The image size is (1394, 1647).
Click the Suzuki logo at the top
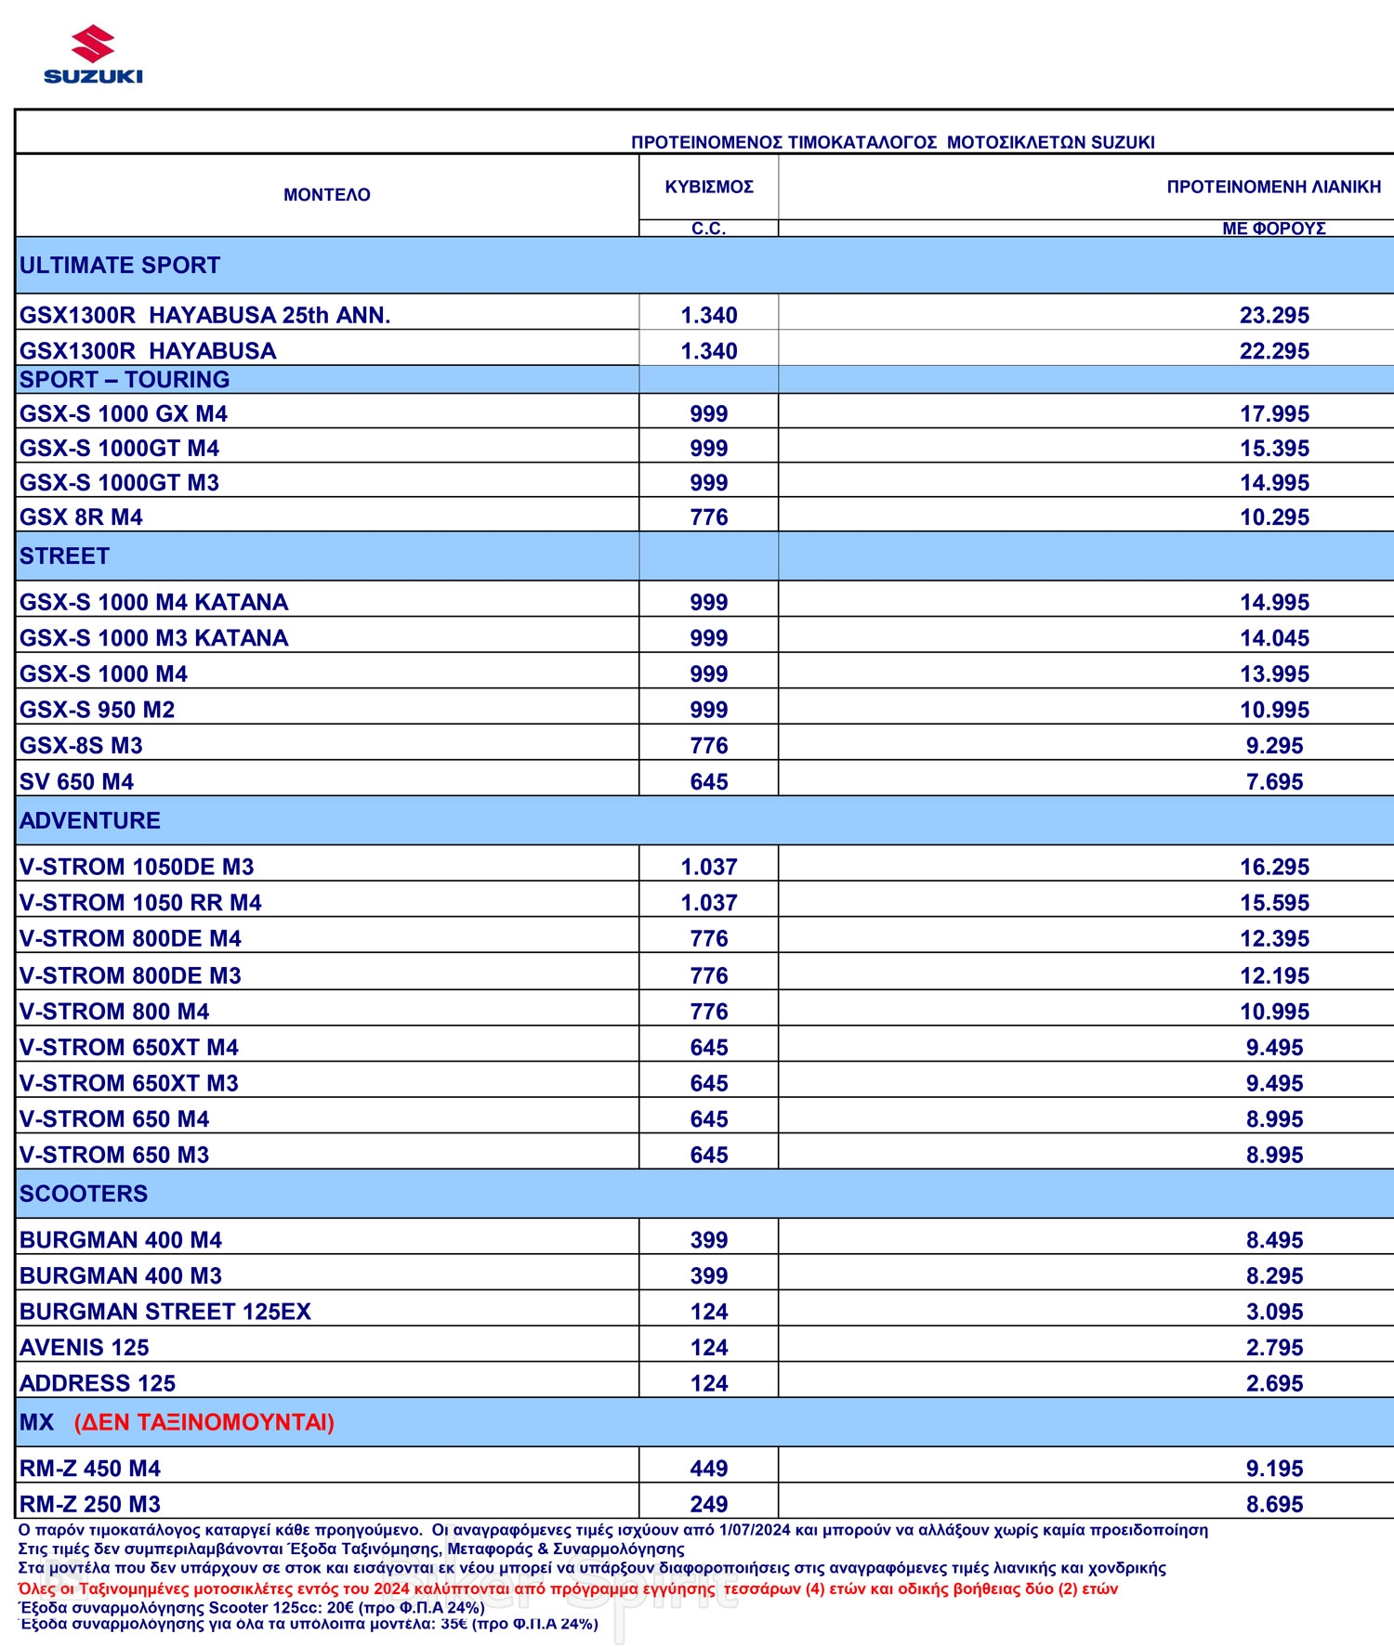93,56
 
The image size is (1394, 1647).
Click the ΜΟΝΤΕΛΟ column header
326,195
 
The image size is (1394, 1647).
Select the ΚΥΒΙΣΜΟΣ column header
709,187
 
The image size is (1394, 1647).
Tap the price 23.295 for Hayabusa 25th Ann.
1274,315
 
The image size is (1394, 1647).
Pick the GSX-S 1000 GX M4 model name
124,413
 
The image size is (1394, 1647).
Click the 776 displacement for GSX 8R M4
709,517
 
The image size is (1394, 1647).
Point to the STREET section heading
64,556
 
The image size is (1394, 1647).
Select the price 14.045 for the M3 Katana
1274,638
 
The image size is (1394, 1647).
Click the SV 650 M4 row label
76,781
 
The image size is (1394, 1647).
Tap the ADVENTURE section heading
90,820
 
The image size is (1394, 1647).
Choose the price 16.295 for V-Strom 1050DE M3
1274,867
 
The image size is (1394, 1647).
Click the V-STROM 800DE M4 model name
130,938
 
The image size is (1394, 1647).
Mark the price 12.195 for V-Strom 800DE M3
1274,975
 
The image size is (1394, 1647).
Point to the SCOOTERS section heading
84,1194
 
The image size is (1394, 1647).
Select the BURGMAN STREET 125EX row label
165,1312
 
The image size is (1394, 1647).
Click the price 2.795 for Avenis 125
1274,1347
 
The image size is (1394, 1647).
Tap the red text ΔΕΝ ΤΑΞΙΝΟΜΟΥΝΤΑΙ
204,1422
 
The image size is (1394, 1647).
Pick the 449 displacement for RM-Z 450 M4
709,1469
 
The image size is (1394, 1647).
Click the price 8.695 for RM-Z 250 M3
1274,1504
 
